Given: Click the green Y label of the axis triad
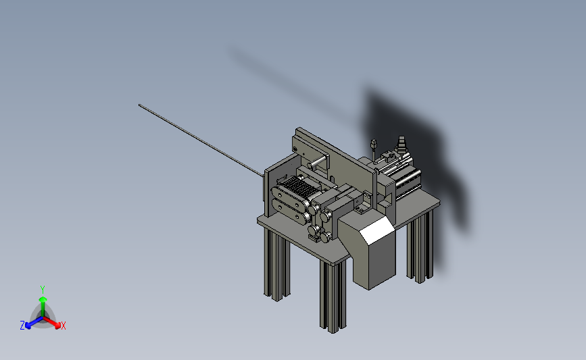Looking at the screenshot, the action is click(42, 290).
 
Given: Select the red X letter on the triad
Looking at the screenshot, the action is click(63, 326).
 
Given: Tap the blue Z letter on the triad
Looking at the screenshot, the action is click(22, 326).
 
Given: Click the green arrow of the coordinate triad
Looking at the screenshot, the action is click(43, 306).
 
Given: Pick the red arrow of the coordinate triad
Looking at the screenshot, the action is click(51, 323).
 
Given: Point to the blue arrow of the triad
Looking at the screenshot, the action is click(34, 323).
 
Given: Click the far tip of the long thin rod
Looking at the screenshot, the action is click(139, 105).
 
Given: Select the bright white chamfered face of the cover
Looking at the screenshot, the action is click(377, 231).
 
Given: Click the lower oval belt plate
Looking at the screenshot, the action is click(291, 211).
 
